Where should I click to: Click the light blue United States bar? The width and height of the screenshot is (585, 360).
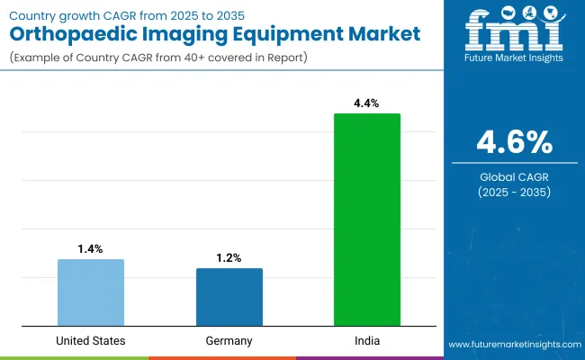(x=91, y=292)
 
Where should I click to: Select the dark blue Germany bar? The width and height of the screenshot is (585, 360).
(x=229, y=296)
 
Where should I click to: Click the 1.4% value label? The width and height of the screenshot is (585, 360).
(x=91, y=247)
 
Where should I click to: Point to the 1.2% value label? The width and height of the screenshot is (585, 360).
(x=229, y=256)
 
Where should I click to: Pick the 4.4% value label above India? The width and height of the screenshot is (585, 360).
(x=367, y=102)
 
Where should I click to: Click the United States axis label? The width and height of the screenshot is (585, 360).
(x=91, y=341)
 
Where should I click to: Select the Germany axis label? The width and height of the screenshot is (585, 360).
(x=229, y=341)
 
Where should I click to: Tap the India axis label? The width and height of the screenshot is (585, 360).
(x=367, y=341)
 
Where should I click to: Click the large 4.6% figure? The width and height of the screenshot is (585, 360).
(x=516, y=143)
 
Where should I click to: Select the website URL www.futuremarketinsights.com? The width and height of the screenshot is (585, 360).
(x=514, y=345)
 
